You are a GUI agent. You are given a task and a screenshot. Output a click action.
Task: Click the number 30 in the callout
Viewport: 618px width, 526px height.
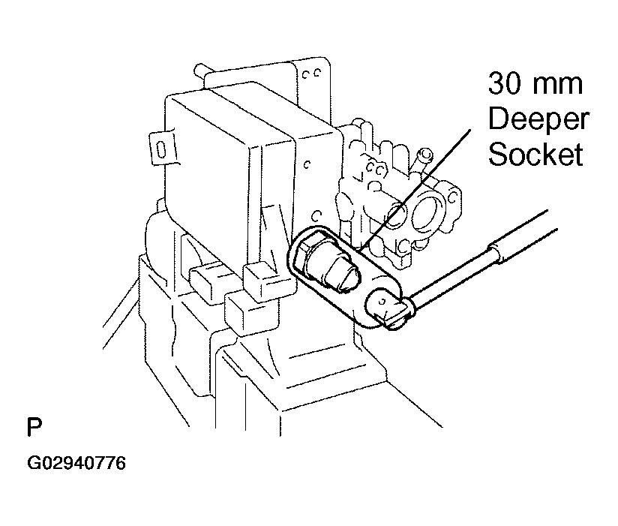coord(505,83)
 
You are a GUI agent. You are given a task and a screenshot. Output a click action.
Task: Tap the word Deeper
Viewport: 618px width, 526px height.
coord(538,119)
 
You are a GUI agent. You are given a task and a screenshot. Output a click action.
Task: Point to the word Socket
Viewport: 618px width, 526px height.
coord(535,154)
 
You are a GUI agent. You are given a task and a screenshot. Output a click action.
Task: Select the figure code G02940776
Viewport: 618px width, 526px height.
coord(76,463)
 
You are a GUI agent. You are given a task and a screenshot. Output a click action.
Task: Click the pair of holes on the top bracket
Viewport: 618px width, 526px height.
coord(310,74)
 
